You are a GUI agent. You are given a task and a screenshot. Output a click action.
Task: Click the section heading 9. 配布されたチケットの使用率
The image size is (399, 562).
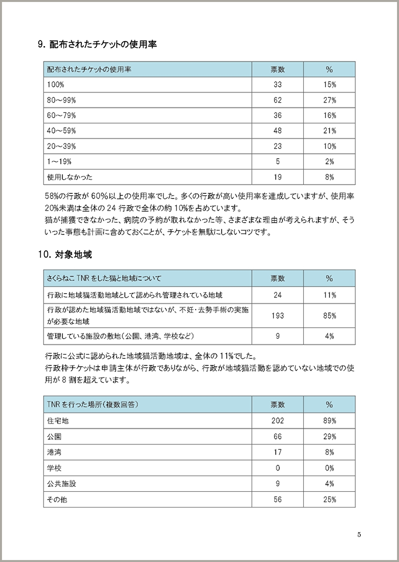97,44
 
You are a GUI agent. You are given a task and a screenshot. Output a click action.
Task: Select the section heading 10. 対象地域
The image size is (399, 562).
65,255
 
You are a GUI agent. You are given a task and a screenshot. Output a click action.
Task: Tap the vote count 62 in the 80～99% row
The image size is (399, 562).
278,100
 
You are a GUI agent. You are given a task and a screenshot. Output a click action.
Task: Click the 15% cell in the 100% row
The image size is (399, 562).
329,85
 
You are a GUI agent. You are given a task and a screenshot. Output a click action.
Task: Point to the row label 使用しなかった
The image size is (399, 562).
70,177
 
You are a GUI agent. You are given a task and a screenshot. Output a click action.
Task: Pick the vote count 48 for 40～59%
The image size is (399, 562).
278,131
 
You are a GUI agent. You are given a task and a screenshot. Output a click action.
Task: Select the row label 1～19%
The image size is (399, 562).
59,162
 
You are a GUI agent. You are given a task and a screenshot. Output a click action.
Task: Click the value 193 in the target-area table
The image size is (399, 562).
278,316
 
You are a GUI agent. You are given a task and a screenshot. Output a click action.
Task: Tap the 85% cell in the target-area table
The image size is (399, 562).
329,316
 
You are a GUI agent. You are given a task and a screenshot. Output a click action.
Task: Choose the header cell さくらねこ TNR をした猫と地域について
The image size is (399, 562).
104,279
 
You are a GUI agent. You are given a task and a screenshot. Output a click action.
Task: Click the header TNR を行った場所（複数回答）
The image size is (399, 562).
92,405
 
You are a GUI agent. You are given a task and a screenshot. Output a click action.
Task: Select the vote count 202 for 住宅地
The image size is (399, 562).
278,421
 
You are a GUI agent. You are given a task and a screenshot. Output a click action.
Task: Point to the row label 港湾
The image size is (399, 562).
54,452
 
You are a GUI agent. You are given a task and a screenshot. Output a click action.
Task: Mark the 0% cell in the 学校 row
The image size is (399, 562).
329,468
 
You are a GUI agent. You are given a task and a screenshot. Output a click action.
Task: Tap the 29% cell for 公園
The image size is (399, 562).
329,436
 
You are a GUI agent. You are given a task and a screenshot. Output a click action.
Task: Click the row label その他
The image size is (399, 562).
57,500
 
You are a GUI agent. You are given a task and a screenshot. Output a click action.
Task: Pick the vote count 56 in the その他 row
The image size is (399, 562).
278,500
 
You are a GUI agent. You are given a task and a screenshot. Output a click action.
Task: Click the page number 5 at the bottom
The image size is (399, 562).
359,535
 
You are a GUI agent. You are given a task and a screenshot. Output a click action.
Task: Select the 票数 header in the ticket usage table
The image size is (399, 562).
278,69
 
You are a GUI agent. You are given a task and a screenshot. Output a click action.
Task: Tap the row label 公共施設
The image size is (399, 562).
62,484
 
